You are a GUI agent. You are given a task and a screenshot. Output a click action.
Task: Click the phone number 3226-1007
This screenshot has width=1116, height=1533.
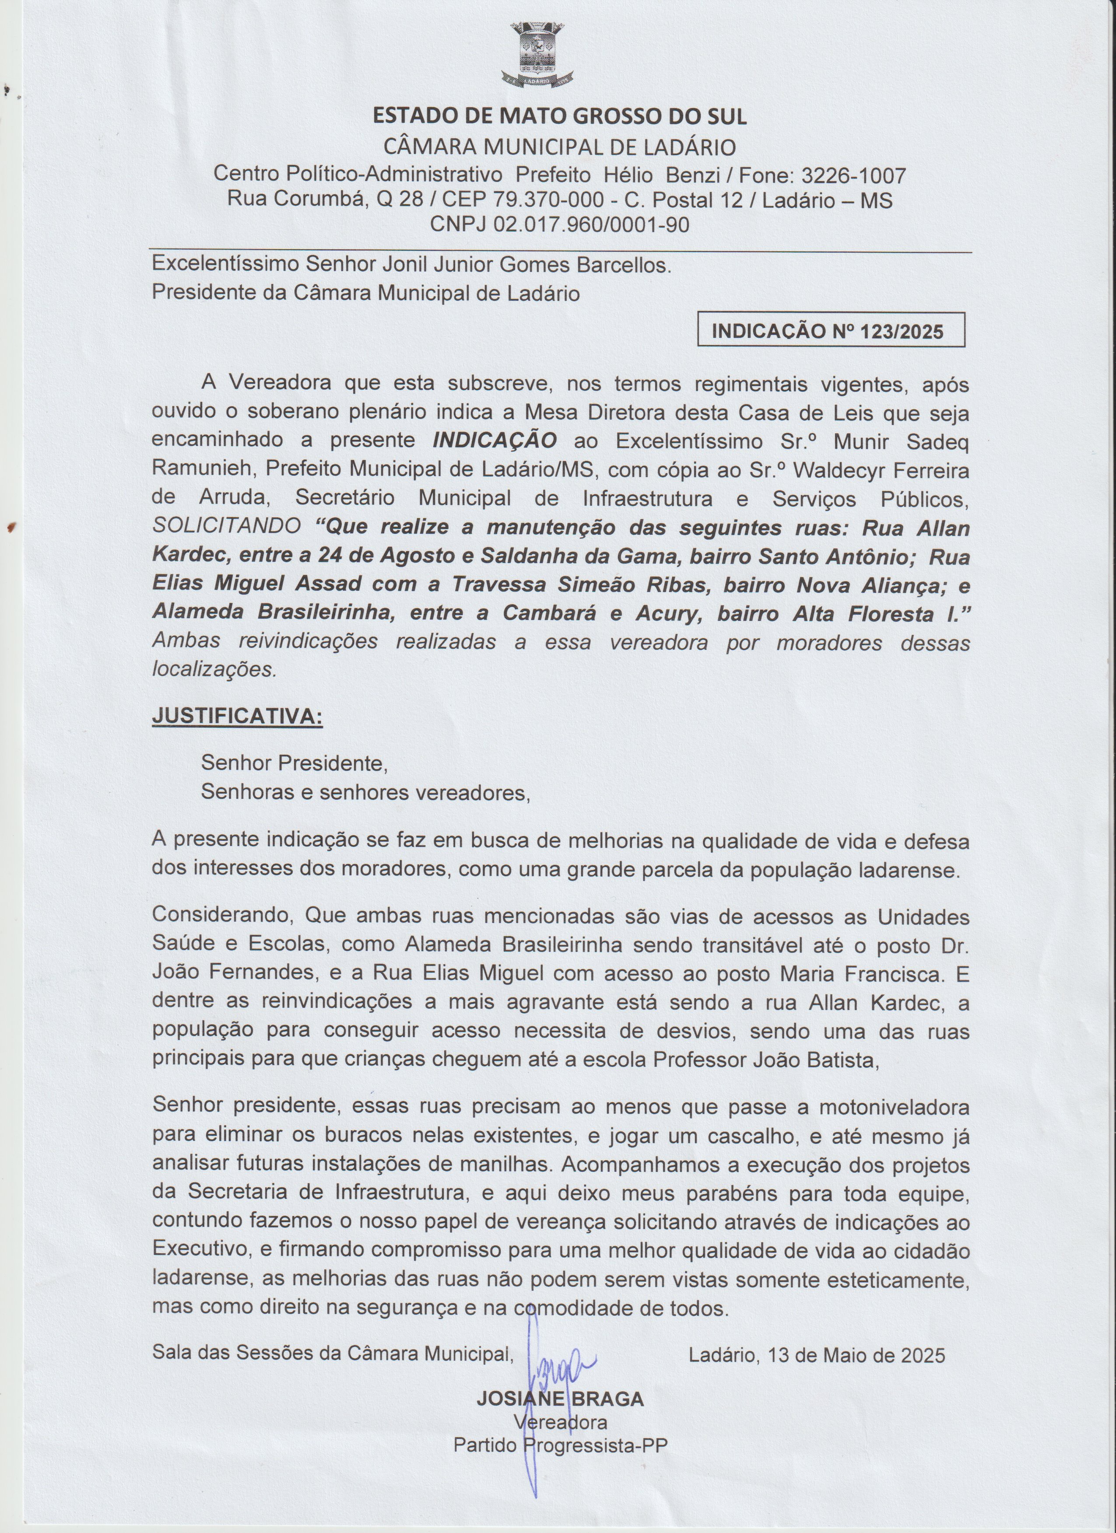click(853, 176)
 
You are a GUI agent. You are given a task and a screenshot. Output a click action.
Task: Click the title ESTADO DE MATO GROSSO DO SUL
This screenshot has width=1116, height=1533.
click(560, 117)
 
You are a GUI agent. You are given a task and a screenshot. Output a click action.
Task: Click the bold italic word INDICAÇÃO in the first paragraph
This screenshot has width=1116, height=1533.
click(495, 440)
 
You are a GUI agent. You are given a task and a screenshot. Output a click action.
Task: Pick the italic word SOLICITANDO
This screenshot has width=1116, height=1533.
click(227, 526)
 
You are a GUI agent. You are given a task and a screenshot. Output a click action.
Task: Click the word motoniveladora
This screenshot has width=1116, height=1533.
click(894, 1107)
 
